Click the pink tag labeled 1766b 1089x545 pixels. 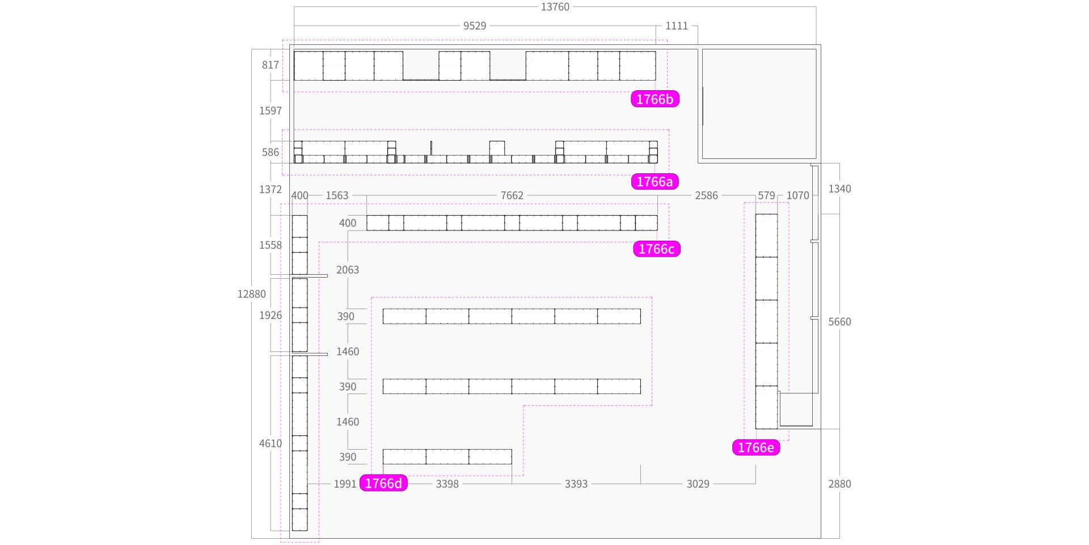pos(655,99)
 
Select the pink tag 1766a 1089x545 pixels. pos(655,182)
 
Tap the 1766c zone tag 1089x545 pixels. pos(656,249)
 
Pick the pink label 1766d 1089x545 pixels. pos(383,484)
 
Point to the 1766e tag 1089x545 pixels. pos(755,448)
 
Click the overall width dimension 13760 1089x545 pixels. pos(555,7)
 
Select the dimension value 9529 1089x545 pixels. pos(475,26)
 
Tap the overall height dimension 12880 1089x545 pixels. pos(251,294)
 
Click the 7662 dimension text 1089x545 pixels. pos(512,195)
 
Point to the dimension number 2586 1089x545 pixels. pos(706,195)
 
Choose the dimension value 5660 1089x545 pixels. pos(839,322)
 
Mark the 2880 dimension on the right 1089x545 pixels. pos(839,484)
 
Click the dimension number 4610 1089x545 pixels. pos(271,443)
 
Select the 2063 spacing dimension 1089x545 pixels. pos(348,270)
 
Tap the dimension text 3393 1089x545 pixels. pos(576,484)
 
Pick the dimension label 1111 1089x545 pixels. pos(677,26)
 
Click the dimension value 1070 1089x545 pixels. pos(797,195)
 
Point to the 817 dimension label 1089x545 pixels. pos(271,65)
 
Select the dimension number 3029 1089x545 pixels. pos(698,484)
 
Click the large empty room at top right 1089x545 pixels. pos(759,104)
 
